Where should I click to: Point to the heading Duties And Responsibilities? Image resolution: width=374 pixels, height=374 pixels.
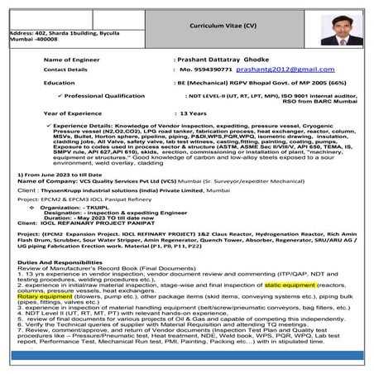pyautogui.click(x=59, y=284)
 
